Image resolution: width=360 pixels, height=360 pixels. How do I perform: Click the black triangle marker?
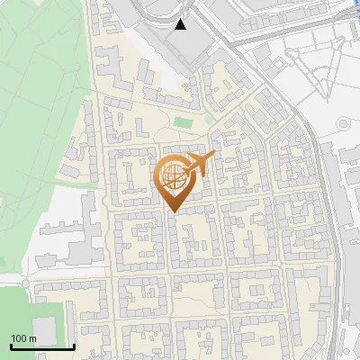pos(182,24)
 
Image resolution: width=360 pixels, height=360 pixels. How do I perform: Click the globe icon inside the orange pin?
pos(171,176)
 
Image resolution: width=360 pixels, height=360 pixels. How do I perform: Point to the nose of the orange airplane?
pos(213,155)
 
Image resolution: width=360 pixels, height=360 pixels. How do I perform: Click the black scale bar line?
pos(41,346)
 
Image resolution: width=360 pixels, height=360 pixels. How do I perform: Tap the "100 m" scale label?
pos(23,337)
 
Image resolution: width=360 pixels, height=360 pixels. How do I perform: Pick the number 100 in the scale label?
pos(19,337)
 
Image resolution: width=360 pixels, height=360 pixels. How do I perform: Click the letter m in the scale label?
pos(32,337)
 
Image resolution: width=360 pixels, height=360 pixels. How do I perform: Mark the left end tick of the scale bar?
pos(9,345)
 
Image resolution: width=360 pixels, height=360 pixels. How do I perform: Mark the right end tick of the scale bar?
pos(74,345)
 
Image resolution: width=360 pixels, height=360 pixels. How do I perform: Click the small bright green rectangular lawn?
pos(184,122)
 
